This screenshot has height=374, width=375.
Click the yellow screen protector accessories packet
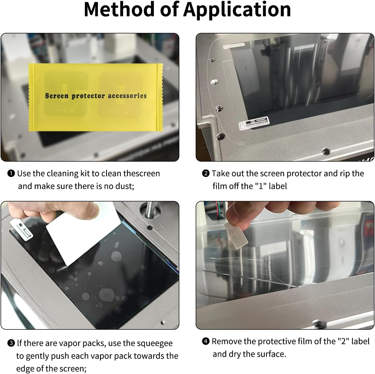[95, 97]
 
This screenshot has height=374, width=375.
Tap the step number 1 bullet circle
[11, 174]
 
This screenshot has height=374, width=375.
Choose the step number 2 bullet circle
[206, 174]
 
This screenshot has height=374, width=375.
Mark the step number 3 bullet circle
[11, 343]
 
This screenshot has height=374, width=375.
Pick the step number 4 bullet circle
[206, 341]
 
